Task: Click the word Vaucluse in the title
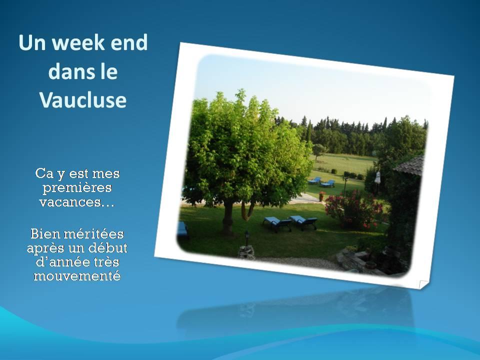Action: pyautogui.click(x=83, y=100)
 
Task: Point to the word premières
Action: pyautogui.click(x=77, y=188)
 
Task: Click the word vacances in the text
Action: pyautogui.click(x=74, y=202)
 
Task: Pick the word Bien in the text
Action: pyautogui.click(x=44, y=234)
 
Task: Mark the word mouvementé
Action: pyautogui.click(x=77, y=276)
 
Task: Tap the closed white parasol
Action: pyautogui.click(x=377, y=178)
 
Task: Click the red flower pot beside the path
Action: pyautogui.click(x=321, y=196)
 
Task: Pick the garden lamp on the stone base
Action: pyautogui.click(x=246, y=239)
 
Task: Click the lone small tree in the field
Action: pyautogui.click(x=318, y=151)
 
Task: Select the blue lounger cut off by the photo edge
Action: pyautogui.click(x=182, y=229)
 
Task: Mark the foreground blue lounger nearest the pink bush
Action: pyautogui.click(x=303, y=222)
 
